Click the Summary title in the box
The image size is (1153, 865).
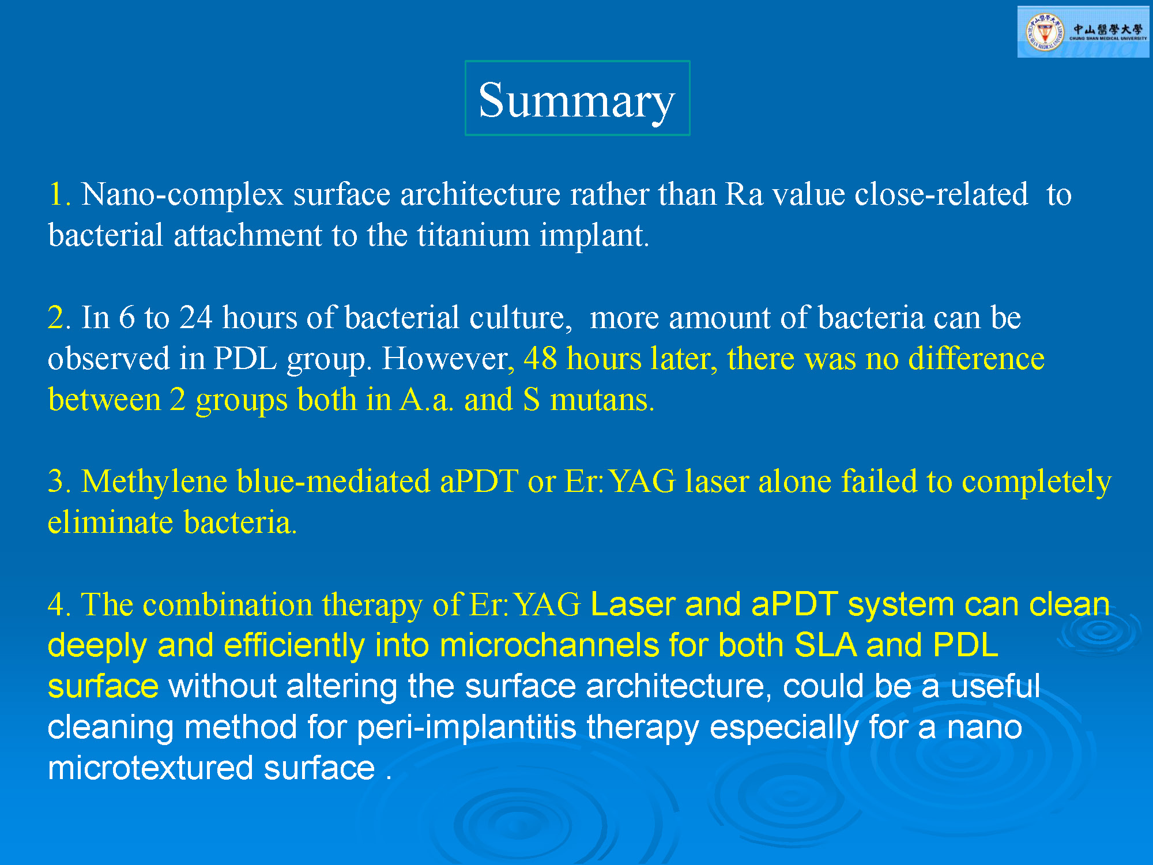coord(576,100)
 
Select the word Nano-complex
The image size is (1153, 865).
coord(182,194)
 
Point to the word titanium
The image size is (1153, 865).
coord(473,235)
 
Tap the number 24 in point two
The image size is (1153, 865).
coord(195,317)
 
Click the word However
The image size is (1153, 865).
coord(444,359)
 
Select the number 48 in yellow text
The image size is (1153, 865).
coord(540,359)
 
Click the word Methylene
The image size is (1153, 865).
coord(154,481)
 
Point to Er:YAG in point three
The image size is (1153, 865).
coord(620,481)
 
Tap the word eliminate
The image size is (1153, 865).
coord(110,522)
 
